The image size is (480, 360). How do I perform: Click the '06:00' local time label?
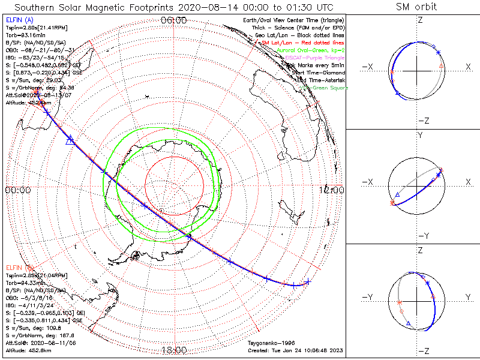pos(175,20)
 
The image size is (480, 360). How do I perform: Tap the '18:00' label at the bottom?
pos(175,350)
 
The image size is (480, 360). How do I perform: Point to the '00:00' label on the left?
pos(17,190)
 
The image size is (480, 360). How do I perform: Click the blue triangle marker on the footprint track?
pos(70,140)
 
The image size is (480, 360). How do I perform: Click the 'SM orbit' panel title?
pos(416,7)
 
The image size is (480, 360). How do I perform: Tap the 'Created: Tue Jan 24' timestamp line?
pos(295,350)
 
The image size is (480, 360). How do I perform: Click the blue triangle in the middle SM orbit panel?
pos(397,195)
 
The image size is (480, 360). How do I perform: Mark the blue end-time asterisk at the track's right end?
pos(307,282)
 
